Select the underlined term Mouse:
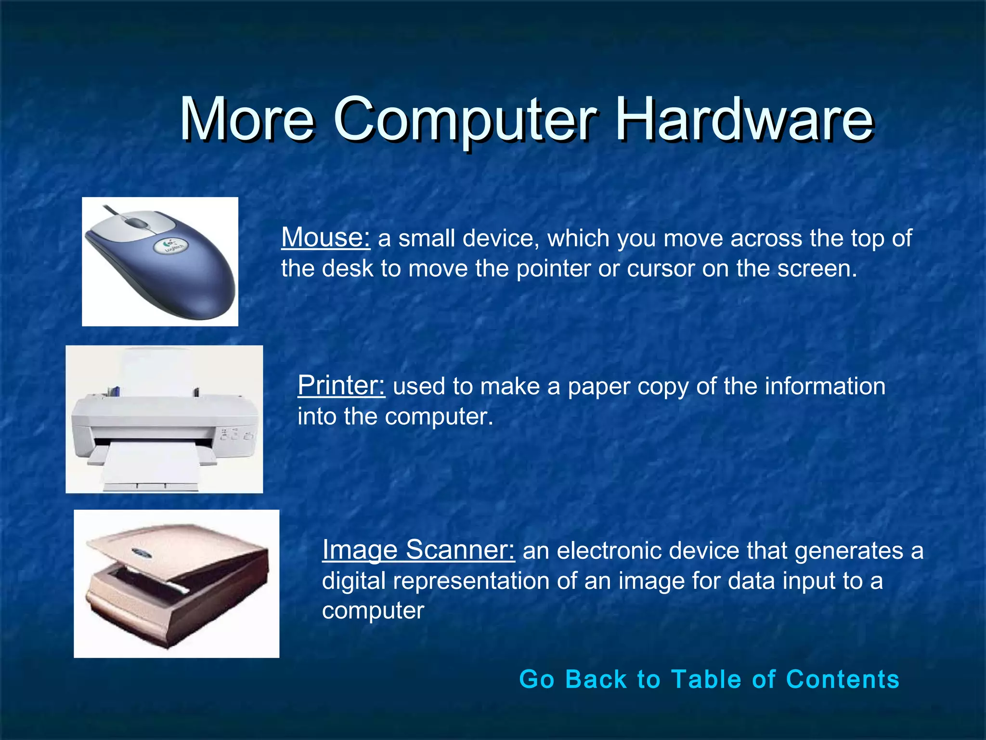coord(325,238)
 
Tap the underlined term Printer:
coord(341,385)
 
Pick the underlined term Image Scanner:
coord(418,550)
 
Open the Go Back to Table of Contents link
coord(709,679)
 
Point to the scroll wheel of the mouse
coord(138,223)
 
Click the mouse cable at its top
coord(111,210)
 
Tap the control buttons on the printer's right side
coord(235,435)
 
